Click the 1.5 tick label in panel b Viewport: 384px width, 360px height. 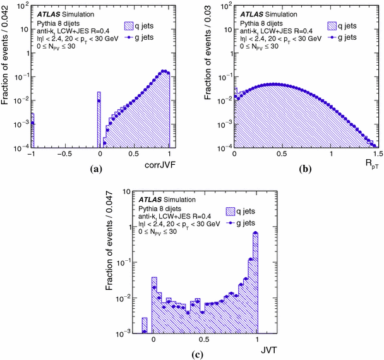tap(377, 154)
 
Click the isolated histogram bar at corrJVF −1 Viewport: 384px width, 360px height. tap(33, 130)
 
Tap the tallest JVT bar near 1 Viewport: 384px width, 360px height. tap(255, 282)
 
